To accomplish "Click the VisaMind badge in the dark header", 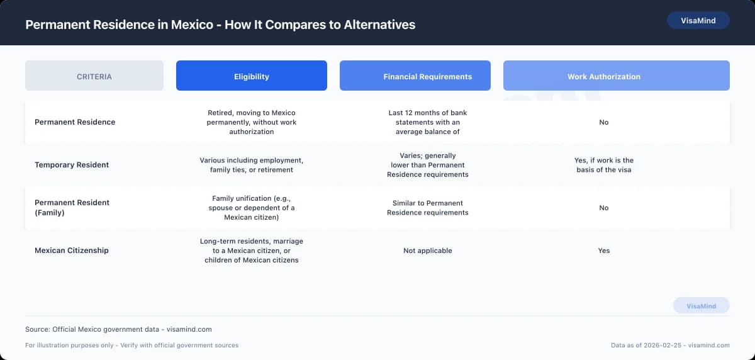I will coord(698,20).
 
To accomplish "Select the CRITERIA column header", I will coord(94,76).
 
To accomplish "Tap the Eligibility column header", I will coord(252,76).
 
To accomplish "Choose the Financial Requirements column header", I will coord(428,76).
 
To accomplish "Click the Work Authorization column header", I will coord(604,76).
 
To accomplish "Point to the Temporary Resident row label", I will coord(72,165).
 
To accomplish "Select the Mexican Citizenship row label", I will coord(72,250).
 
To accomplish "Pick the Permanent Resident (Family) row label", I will coord(72,208).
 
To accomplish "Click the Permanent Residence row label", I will coord(75,122).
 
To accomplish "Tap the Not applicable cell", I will coord(428,250).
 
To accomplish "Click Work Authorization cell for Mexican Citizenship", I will coord(604,250).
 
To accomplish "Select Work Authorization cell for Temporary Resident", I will coord(604,165).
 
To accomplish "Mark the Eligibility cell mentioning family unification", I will coord(252,208).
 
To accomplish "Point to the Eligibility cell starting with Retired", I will coord(252,122).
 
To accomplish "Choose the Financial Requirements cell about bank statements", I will coord(428,122).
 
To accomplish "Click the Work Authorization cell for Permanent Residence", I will coord(604,122).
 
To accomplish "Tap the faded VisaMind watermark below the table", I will coord(701,306).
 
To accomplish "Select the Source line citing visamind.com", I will coord(118,329).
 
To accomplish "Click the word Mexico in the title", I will coord(192,25).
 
